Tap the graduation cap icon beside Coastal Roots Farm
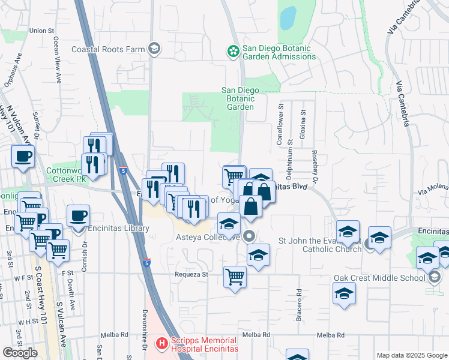click(x=154, y=49)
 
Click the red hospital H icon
click(x=161, y=344)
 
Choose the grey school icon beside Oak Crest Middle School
click(x=435, y=277)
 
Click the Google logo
click(x=20, y=353)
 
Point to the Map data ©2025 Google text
click(x=412, y=355)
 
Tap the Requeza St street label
click(x=191, y=274)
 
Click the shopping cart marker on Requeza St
click(x=235, y=277)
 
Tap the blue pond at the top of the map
click(x=288, y=18)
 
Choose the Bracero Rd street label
click(x=298, y=306)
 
